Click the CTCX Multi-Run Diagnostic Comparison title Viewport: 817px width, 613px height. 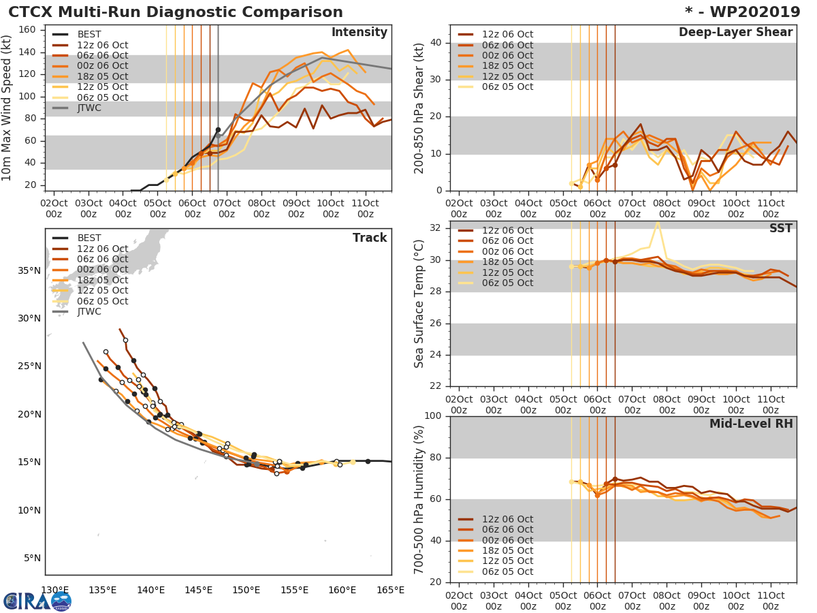tap(176, 12)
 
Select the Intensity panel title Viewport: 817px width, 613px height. tap(359, 33)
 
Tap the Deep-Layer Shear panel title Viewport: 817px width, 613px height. tap(735, 33)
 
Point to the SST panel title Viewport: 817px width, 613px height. tap(780, 229)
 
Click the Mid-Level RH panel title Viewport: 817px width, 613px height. tap(751, 424)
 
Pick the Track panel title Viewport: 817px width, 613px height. tap(370, 238)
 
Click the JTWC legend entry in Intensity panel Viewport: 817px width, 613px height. tap(89, 108)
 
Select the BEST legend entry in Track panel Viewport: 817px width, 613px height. tap(89, 238)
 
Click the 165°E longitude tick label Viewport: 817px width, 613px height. tap(391, 590)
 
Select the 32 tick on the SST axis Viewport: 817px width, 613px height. tap(435, 228)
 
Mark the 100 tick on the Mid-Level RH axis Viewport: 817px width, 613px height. tap(432, 416)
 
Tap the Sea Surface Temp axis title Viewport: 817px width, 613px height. tap(419, 303)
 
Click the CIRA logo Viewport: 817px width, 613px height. tap(37, 601)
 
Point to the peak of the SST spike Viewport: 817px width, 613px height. tap(658, 221)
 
